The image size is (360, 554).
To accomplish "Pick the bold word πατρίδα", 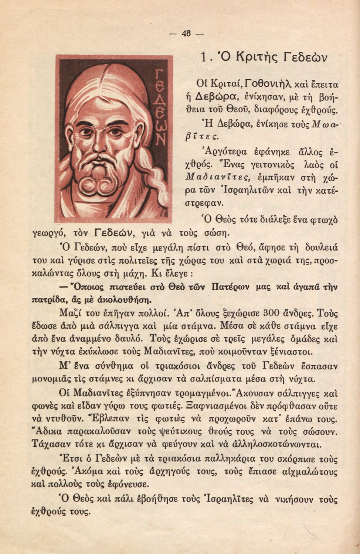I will click(49, 298).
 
